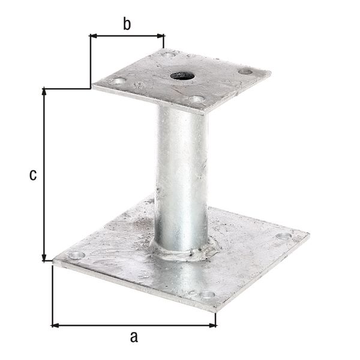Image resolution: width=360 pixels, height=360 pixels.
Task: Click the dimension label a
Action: [x=134, y=337]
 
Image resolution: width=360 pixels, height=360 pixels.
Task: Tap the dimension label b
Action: [x=127, y=24]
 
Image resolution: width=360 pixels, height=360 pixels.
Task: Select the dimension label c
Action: [x=34, y=175]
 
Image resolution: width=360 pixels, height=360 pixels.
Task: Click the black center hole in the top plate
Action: [x=180, y=76]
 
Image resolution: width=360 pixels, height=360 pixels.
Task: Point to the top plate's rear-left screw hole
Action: [x=170, y=55]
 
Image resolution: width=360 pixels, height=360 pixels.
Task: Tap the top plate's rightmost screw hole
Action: [x=245, y=71]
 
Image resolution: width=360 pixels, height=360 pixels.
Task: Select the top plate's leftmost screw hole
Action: [x=119, y=80]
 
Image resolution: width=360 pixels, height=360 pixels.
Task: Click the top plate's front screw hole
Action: [x=196, y=99]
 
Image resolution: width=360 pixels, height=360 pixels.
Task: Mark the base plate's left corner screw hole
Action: [x=76, y=256]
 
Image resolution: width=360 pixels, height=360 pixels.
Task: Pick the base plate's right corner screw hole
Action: [x=283, y=236]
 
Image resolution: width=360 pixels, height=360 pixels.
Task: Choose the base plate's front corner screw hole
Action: [x=207, y=295]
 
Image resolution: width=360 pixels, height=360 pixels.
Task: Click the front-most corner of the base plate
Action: [x=215, y=310]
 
